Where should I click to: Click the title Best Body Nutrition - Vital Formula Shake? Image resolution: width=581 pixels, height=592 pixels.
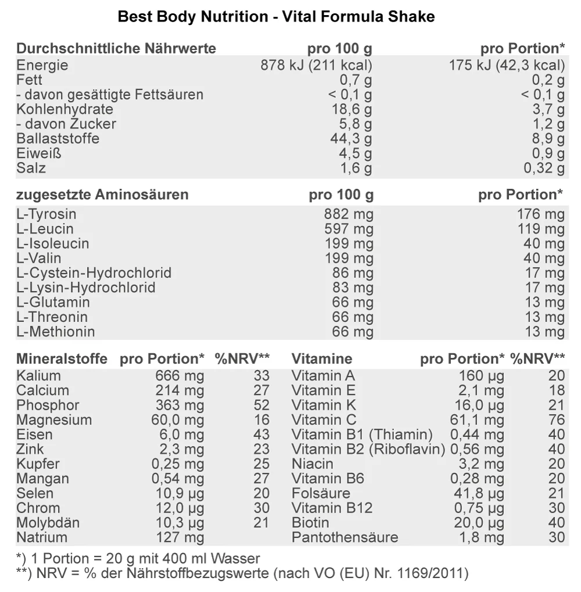[276, 17]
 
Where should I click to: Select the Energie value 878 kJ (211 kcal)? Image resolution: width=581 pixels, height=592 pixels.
[316, 65]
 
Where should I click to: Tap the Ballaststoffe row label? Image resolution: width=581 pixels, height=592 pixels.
[58, 139]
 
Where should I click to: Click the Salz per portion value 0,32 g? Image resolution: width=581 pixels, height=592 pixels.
[544, 168]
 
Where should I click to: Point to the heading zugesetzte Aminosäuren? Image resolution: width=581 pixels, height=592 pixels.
[102, 195]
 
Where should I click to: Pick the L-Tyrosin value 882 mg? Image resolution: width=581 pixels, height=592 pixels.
[349, 214]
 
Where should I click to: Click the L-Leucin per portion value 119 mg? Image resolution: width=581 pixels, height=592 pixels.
[540, 229]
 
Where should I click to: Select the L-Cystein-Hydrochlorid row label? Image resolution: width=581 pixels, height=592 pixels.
[94, 273]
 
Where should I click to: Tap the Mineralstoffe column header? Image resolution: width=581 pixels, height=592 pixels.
[62, 359]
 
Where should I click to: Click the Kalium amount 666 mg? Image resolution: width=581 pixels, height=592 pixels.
[180, 376]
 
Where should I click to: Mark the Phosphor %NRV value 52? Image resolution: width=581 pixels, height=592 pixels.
[262, 405]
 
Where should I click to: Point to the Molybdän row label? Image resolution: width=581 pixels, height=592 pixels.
[48, 523]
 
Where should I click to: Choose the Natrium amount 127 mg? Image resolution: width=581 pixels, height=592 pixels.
[180, 537]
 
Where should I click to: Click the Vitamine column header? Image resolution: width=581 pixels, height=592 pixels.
[321, 359]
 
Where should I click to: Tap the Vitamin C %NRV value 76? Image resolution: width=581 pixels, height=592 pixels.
[556, 420]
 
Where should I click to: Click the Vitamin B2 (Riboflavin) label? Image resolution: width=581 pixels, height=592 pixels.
[368, 449]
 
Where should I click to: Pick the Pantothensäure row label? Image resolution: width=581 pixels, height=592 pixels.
[345, 537]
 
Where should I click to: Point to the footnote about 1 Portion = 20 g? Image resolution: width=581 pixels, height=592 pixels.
[138, 559]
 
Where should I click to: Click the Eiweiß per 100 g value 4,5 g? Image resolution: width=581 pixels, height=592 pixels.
[356, 153]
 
